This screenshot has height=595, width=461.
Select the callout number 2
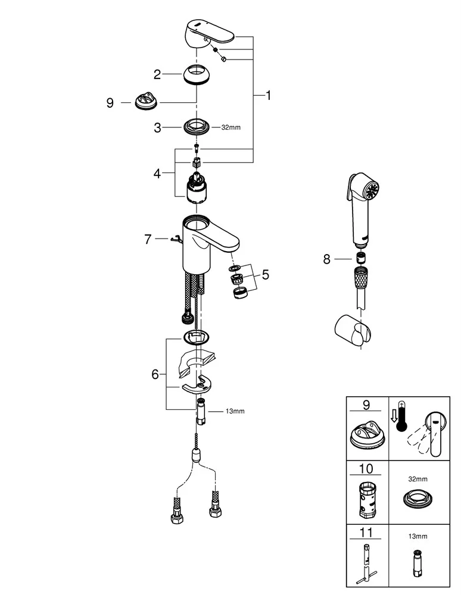pos(157,74)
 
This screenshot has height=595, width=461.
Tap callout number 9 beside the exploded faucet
pos(110,103)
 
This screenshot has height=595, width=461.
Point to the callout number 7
pos(148,239)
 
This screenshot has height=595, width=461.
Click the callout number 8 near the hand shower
pos(326,259)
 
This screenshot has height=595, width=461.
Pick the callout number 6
pos(155,374)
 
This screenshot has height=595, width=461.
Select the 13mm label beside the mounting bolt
pos(234,411)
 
